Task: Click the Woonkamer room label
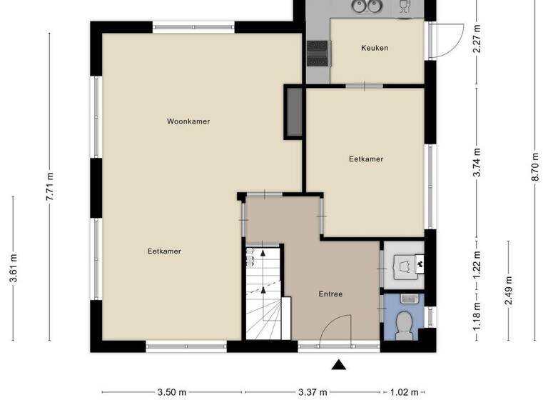point(188,121)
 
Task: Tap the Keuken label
point(375,49)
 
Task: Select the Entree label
point(330,294)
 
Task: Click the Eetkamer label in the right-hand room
point(366,159)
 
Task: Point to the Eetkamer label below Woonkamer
point(164,251)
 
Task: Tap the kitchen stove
point(318,52)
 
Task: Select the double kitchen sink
point(365,7)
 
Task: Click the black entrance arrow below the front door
point(339,366)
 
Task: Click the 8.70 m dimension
point(534,168)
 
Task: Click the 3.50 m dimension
point(171,391)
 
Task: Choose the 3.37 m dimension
point(313,391)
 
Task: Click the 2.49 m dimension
point(508,290)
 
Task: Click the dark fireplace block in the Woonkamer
point(293,113)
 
